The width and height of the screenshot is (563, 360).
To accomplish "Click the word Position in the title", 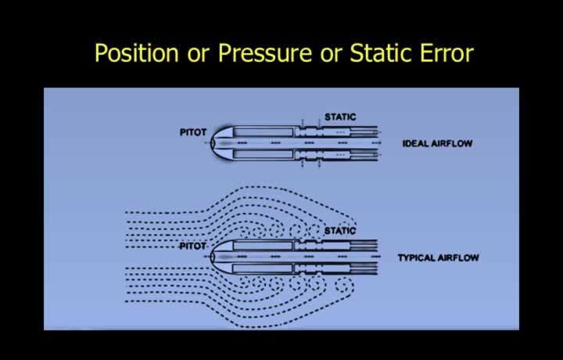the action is tap(136, 53).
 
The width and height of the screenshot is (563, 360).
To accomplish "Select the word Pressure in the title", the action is tap(265, 53).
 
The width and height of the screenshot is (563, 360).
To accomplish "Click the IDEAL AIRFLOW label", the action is tap(437, 144).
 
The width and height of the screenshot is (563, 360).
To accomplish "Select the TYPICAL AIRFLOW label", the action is tap(439, 257).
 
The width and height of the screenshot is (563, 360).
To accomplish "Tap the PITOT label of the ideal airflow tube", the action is tap(193, 132).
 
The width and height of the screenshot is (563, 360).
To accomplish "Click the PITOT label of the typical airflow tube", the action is tap(193, 246).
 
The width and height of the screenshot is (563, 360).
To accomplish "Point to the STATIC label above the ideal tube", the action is tap(340, 117).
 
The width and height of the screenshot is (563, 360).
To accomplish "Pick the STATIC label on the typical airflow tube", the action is tap(340, 231).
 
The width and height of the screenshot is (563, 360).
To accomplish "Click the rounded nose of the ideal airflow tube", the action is tap(221, 143).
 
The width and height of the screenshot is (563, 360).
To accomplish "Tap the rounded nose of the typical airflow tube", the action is tap(221, 257).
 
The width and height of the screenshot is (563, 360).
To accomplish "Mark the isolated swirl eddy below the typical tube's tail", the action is tap(344, 286).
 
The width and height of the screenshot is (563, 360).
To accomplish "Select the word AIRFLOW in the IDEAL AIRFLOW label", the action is tap(452, 144).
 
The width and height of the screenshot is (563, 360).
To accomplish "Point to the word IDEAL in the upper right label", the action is tap(415, 144).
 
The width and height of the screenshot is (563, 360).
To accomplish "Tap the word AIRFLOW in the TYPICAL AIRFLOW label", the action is tap(457, 257).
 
